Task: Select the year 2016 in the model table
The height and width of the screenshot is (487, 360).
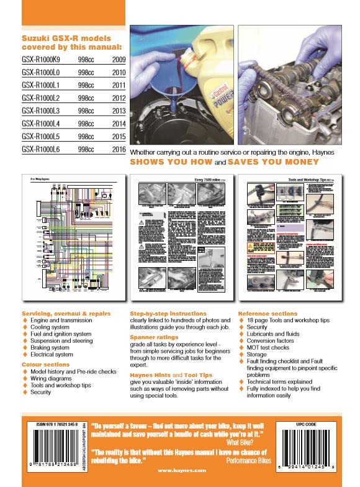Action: pos(115,149)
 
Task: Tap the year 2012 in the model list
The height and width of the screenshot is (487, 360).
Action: pos(115,97)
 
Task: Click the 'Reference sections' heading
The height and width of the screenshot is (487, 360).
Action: pos(268,314)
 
